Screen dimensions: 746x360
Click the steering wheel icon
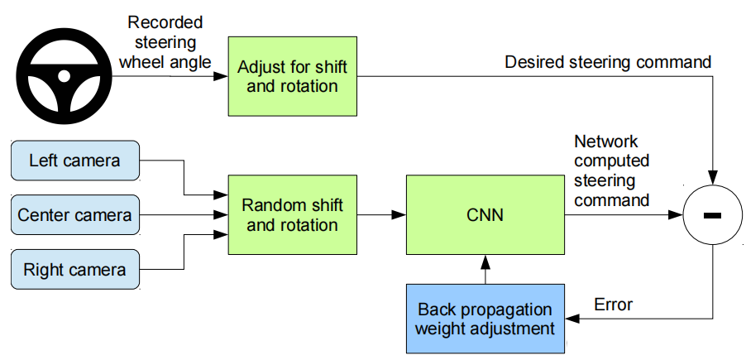point(65,75)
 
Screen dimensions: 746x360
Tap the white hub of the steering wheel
point(65,75)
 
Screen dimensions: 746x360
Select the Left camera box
point(75,161)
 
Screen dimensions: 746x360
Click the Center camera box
point(75,215)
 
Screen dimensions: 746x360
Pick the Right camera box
point(75,270)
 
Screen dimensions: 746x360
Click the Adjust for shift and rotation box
point(293,76)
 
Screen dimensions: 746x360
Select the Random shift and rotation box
point(293,215)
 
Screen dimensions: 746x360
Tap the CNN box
point(485,215)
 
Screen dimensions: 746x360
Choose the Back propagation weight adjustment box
point(485,319)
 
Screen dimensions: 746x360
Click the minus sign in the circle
point(712,216)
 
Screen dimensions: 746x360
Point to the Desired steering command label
point(608,62)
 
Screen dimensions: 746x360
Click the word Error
point(614,305)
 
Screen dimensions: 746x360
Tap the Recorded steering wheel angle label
point(165,42)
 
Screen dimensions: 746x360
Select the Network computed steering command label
point(612,170)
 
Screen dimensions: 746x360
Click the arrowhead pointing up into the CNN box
point(485,261)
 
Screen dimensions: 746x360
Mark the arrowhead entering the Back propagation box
point(571,319)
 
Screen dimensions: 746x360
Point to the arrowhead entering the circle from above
point(712,178)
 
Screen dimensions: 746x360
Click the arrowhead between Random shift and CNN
point(399,215)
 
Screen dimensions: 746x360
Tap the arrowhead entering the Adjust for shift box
point(221,76)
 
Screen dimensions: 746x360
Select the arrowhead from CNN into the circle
point(676,215)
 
